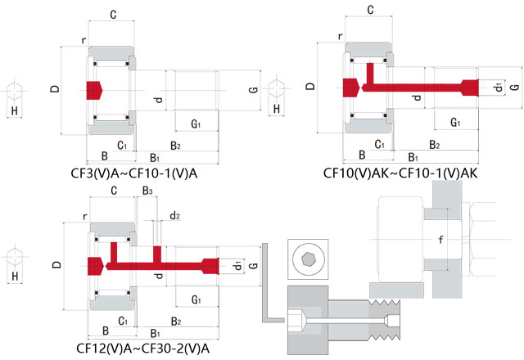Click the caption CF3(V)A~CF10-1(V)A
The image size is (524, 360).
click(x=135, y=173)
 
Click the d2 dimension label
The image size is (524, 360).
click(x=174, y=216)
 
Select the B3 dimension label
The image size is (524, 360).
click(x=147, y=191)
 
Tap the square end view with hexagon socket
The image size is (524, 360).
click(x=308, y=258)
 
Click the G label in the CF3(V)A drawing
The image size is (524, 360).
click(x=254, y=90)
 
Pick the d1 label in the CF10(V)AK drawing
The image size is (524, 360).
click(x=499, y=87)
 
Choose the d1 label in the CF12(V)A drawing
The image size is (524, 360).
click(x=237, y=267)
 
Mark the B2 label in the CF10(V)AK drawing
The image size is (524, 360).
click(x=435, y=145)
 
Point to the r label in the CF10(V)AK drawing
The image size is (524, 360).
click(x=339, y=37)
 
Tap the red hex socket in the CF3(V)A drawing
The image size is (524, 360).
click(x=93, y=90)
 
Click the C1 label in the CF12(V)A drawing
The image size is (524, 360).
click(x=122, y=321)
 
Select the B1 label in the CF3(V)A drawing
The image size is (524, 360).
click(x=153, y=156)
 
